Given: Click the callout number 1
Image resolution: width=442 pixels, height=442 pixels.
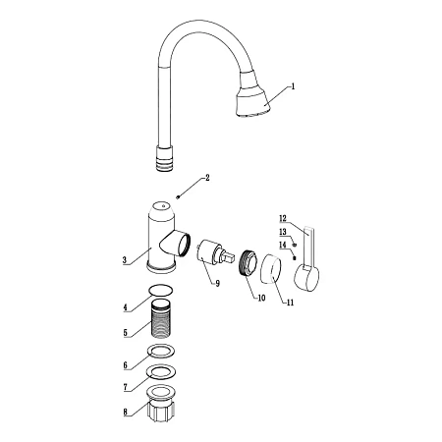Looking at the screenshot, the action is (x=293, y=86).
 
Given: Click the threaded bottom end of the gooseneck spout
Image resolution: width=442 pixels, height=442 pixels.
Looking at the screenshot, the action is (x=164, y=158).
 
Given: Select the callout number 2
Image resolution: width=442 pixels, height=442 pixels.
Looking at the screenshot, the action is (x=207, y=178).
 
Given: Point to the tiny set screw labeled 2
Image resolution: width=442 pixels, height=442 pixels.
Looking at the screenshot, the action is (x=178, y=196).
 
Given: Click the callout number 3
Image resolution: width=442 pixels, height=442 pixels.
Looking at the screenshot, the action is (x=125, y=260).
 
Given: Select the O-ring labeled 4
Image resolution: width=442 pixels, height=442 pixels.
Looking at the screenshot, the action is (x=161, y=291).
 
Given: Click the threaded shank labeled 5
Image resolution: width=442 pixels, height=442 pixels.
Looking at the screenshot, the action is (x=162, y=318).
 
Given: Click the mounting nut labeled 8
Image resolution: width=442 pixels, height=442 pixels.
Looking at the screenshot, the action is (x=161, y=405).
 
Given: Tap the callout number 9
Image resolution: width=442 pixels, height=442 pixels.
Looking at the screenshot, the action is (x=217, y=284).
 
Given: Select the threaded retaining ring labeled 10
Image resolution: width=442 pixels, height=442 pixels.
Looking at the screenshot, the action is (x=248, y=261).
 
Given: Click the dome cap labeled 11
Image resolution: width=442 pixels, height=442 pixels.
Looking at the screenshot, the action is (x=271, y=269).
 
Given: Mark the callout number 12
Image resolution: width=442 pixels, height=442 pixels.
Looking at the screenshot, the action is (x=283, y=218).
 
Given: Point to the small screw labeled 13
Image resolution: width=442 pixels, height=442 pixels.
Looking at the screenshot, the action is (x=295, y=245).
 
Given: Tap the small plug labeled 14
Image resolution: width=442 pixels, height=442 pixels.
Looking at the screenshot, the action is (x=294, y=257).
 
